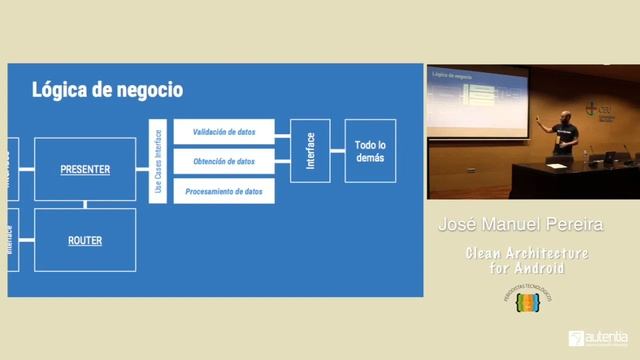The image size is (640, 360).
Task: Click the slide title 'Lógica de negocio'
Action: [107, 90]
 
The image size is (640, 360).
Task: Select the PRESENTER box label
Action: [85, 169]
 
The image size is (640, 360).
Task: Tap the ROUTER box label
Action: [85, 240]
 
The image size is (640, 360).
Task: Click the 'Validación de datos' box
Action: [224, 131]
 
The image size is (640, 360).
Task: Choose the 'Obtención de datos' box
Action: [224, 161]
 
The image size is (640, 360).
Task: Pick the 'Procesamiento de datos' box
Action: [224, 191]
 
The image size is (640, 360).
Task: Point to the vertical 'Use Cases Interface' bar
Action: [157, 161]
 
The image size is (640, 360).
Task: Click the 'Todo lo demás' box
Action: [370, 151]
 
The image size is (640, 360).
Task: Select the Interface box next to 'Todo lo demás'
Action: [310, 151]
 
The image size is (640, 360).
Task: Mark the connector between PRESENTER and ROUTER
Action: [85, 205]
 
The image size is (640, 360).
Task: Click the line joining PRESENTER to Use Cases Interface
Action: [142, 169]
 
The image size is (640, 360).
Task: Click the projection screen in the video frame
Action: [478, 101]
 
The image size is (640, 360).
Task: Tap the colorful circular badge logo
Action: [527, 301]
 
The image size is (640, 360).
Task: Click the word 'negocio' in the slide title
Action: [145, 90]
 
